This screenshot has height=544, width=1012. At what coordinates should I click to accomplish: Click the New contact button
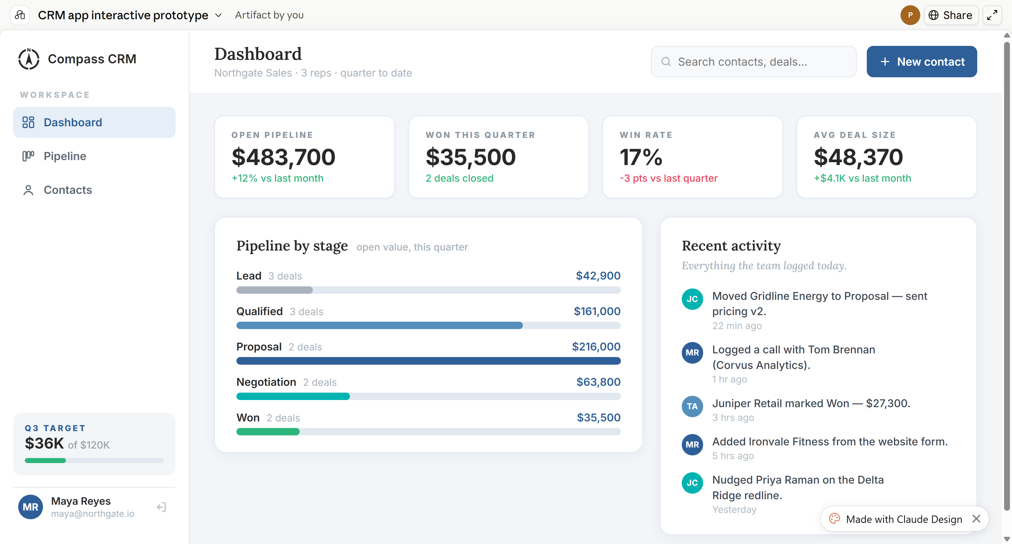[x=921, y=62]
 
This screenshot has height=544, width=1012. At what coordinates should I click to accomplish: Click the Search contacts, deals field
[x=753, y=62]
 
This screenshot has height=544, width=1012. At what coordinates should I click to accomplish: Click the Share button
[x=951, y=15]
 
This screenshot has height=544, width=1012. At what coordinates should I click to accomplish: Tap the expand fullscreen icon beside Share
[x=992, y=15]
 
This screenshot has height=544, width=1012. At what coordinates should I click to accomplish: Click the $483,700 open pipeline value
[x=283, y=157]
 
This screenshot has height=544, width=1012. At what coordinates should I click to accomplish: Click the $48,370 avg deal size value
[x=858, y=157]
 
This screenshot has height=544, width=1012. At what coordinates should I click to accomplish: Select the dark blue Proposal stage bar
[x=428, y=361]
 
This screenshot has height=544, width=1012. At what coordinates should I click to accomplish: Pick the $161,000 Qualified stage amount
[x=597, y=311]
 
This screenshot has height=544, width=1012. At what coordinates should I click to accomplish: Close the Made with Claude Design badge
[x=976, y=519]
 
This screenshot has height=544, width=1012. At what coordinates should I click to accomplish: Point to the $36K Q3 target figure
[x=44, y=443]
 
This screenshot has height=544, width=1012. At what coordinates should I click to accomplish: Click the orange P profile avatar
[x=910, y=15]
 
